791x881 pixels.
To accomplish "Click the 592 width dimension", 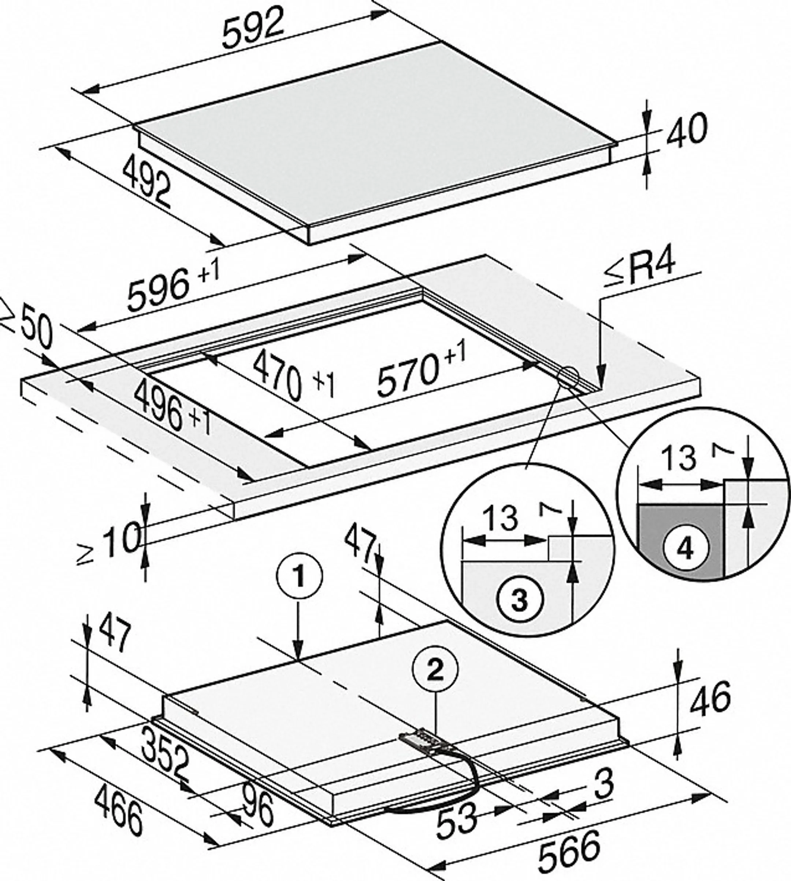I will [254, 27].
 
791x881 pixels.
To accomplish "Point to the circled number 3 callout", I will [520, 600].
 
